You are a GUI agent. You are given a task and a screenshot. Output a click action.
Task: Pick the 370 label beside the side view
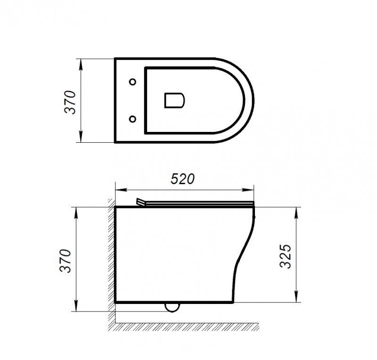pos(66,260)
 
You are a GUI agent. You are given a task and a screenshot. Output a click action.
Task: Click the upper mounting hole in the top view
pos(133,82)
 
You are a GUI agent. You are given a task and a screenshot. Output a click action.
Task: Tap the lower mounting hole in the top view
pos(133,118)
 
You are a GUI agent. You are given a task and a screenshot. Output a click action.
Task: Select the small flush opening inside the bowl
pos(174,100)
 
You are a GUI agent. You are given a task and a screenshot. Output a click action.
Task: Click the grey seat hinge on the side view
pos(140,202)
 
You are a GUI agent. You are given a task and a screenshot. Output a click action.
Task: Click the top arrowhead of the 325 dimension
pos(296,210)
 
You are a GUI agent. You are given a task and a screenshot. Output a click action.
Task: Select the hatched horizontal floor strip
pos(188,326)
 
